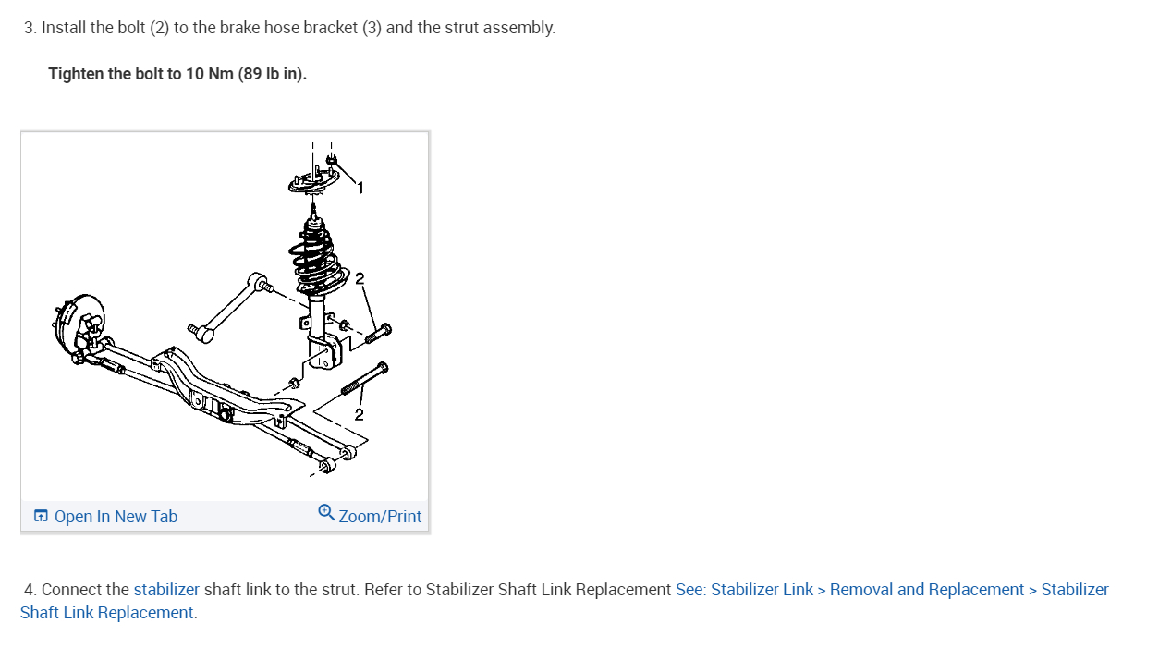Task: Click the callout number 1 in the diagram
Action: pyautogui.click(x=360, y=189)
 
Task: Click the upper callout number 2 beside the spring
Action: pyautogui.click(x=360, y=278)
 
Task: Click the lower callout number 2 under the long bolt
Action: pyautogui.click(x=360, y=414)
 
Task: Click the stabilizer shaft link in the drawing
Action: pyautogui.click(x=228, y=304)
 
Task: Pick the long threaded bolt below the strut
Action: pyautogui.click(x=364, y=379)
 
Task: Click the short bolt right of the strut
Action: pyautogui.click(x=377, y=334)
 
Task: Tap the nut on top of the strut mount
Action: pyautogui.click(x=332, y=160)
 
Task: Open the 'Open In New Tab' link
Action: pyautogui.click(x=116, y=517)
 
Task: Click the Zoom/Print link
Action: pyautogui.click(x=380, y=517)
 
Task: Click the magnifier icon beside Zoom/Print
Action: pyautogui.click(x=326, y=512)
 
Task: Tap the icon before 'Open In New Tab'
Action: pyautogui.click(x=41, y=516)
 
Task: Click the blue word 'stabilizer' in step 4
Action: pyautogui.click(x=166, y=590)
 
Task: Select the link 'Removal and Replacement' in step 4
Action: pyautogui.click(x=927, y=590)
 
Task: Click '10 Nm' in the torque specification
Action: pyautogui.click(x=209, y=74)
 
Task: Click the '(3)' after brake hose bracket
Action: pyautogui.click(x=372, y=28)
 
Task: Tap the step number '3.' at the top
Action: pyautogui.click(x=30, y=28)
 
